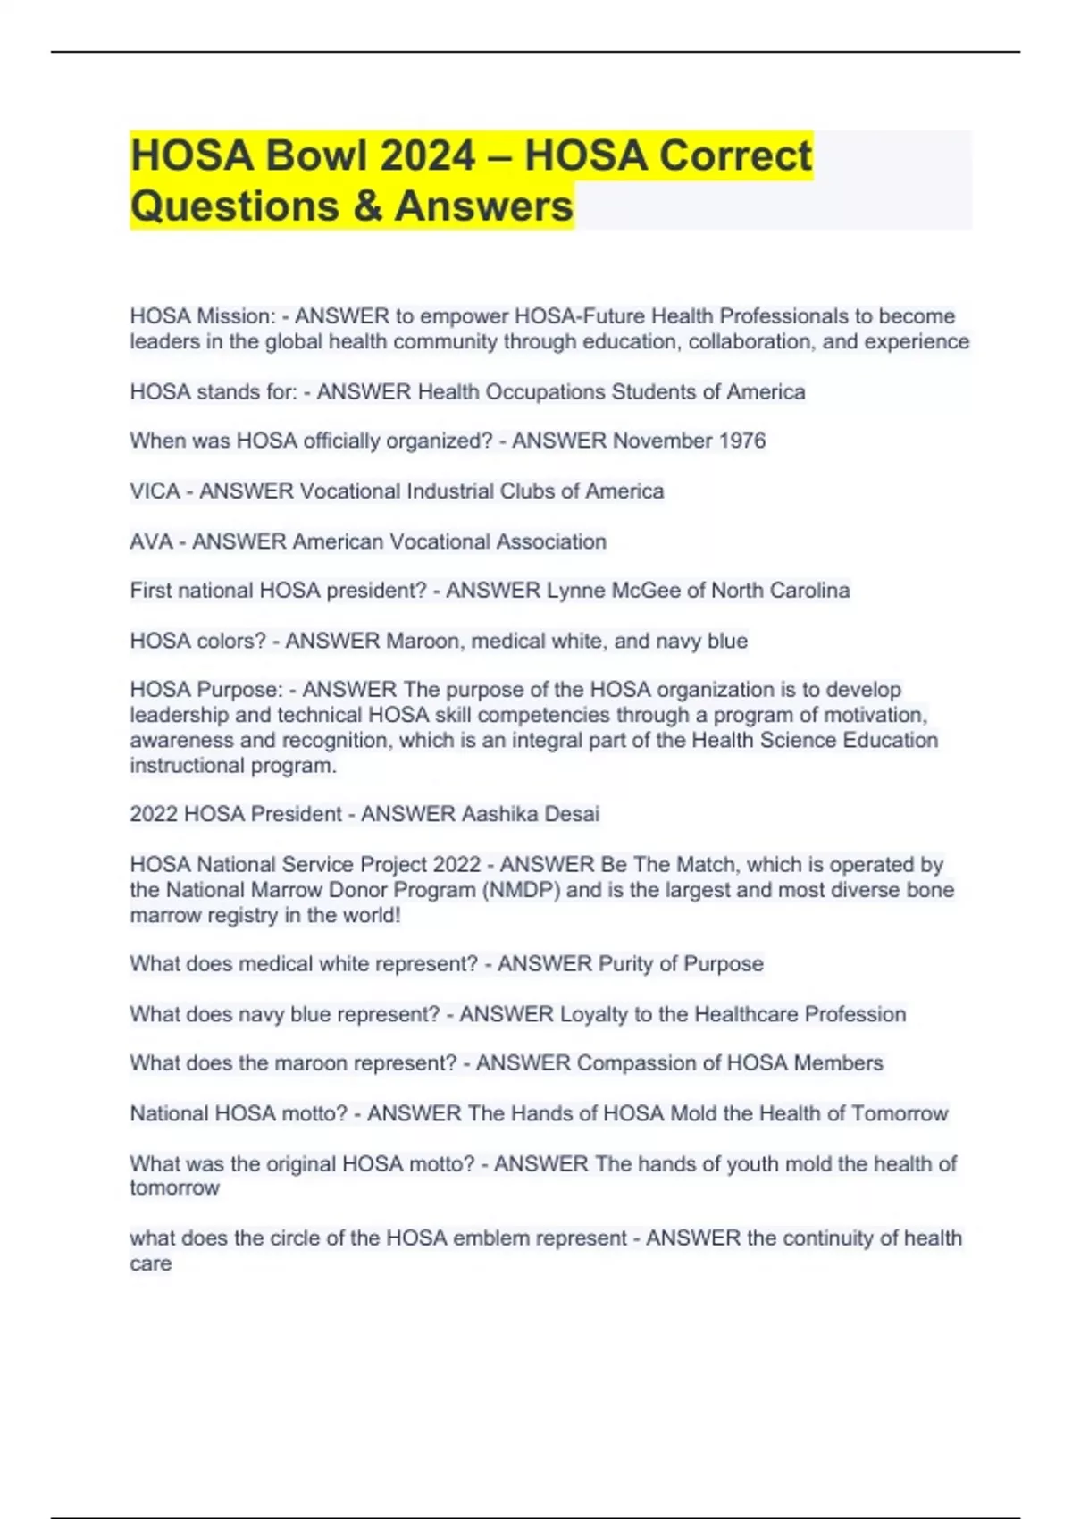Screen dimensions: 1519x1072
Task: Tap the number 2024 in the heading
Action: pyautogui.click(x=428, y=155)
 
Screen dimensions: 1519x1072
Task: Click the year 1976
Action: pyautogui.click(x=742, y=441)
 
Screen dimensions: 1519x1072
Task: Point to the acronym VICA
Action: pyautogui.click(x=155, y=491)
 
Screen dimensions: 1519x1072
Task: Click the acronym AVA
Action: pyautogui.click(x=151, y=541)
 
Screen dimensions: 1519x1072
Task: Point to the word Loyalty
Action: pyautogui.click(x=594, y=1014)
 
